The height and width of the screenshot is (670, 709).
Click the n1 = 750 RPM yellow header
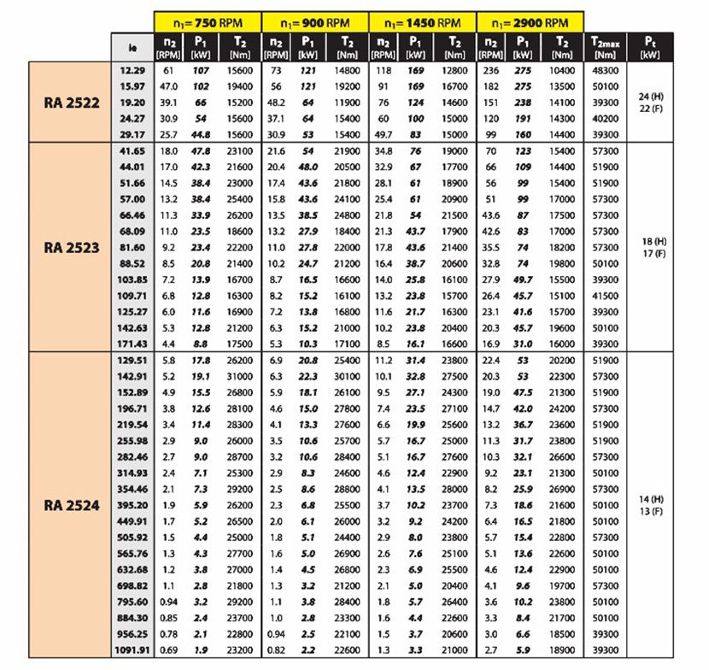click(208, 21)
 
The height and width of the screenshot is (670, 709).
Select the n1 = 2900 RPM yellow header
click(529, 21)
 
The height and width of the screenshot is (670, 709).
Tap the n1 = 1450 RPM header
click(422, 21)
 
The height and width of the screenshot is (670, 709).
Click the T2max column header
click(605, 45)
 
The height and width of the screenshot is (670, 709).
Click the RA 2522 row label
click(72, 103)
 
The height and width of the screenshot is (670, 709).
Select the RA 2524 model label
click(72, 505)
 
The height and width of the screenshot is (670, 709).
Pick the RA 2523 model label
click(72, 248)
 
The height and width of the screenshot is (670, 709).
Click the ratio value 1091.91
click(132, 650)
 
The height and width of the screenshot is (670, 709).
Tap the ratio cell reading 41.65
click(132, 150)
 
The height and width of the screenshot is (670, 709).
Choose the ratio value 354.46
click(132, 489)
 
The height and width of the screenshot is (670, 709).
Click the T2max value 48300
click(605, 70)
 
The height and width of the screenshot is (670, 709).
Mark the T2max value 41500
click(605, 295)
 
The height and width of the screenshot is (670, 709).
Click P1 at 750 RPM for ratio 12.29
click(202, 70)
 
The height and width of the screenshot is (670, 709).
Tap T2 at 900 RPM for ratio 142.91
click(346, 376)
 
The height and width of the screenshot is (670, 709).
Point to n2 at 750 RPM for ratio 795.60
click(170, 602)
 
